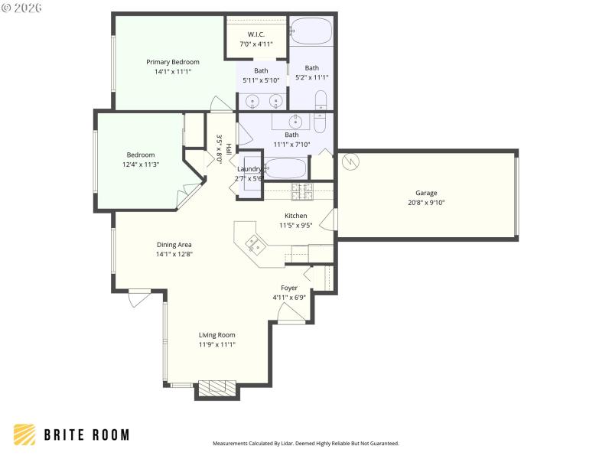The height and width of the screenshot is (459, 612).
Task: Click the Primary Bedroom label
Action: tap(173, 62)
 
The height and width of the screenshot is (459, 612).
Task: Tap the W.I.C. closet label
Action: tap(256, 34)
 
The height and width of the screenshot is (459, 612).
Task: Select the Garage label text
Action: tap(426, 193)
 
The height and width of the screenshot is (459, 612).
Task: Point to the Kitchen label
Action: tap(296, 216)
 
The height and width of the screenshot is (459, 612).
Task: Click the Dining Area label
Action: tap(174, 245)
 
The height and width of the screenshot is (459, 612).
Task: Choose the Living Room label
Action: tap(217, 335)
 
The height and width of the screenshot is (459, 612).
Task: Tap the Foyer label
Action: tap(289, 288)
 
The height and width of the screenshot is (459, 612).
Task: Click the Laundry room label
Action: tap(250, 169)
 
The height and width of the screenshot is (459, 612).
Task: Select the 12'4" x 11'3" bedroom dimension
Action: tap(141, 164)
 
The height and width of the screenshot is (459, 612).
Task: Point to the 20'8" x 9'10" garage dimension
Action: tap(426, 203)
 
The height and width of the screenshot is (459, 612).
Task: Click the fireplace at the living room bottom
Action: tap(217, 387)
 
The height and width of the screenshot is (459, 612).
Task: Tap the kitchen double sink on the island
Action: tap(256, 245)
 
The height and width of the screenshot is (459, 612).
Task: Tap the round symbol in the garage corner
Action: tap(351, 162)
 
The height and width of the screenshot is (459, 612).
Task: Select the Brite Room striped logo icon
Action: tap(24, 435)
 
